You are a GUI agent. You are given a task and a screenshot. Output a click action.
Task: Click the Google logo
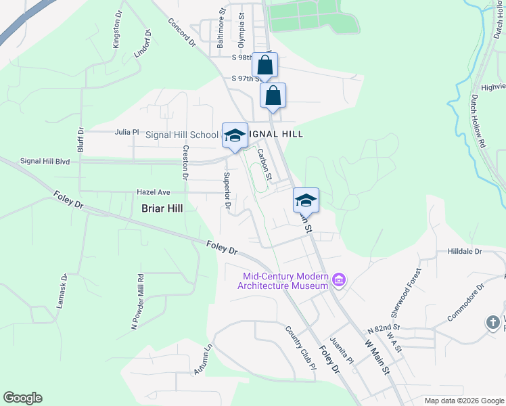click(22, 398)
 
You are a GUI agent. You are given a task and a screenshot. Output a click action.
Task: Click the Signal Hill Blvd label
click(45, 161)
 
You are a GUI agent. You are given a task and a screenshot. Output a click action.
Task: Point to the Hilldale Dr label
click(464, 251)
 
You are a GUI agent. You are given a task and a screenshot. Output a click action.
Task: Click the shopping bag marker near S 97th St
click(273, 95)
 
